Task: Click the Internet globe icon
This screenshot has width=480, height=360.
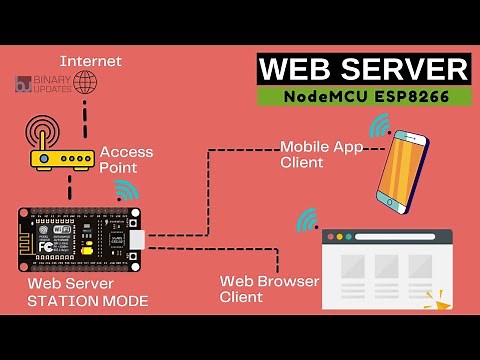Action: (86, 81)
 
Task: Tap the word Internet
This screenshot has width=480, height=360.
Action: (91, 61)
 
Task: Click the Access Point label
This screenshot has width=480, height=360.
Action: (126, 159)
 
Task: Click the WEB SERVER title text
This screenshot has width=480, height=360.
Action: (364, 70)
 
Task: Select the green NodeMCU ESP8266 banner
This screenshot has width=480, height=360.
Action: (364, 97)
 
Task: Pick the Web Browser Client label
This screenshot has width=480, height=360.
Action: (270, 289)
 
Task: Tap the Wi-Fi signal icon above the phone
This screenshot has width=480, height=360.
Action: (379, 125)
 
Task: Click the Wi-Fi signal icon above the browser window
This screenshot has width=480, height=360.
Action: (307, 219)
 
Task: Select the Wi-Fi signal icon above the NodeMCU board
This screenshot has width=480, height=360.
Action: (126, 190)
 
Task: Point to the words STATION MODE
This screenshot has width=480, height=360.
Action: (88, 300)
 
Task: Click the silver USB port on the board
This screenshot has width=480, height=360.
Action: (136, 241)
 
